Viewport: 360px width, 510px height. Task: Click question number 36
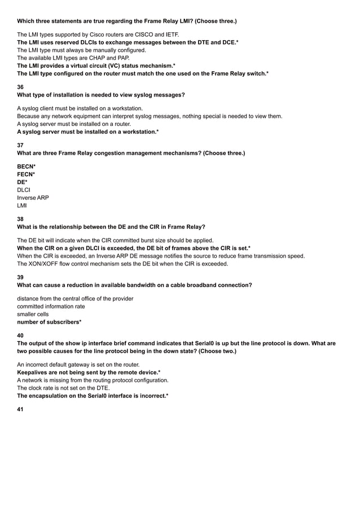(x=20, y=86)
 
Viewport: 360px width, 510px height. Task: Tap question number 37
(x=20, y=145)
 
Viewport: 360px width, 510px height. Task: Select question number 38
(x=20, y=218)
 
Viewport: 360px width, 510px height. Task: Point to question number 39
(x=20, y=277)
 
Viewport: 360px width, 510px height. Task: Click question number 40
(x=20, y=335)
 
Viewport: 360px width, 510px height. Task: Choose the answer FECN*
(x=27, y=175)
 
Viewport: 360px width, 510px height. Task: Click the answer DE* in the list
(x=23, y=182)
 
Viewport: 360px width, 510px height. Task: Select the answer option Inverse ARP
(x=33, y=198)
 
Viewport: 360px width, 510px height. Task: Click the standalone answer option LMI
(x=22, y=206)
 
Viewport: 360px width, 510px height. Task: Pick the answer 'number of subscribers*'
(x=49, y=322)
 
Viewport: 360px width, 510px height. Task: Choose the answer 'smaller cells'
(x=33, y=314)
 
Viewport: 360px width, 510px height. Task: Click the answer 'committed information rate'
(x=51, y=306)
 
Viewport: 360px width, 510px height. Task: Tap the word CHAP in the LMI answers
(x=99, y=58)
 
